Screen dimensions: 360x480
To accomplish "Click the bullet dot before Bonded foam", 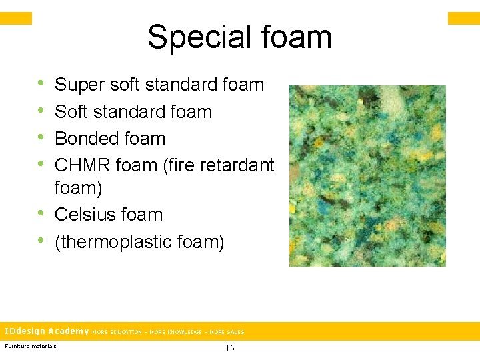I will point(41,138).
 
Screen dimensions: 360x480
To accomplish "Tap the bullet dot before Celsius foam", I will point(41,214).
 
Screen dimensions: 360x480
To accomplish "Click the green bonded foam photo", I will point(367,176).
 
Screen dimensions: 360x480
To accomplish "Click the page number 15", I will point(230,348).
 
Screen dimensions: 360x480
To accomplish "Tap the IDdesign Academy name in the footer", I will point(47,331).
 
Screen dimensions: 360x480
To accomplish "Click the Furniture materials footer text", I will point(31,346).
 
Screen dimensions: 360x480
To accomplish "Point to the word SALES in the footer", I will point(235,332).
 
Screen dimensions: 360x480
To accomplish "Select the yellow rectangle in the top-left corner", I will point(16,18).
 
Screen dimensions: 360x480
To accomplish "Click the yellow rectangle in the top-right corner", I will point(463,18).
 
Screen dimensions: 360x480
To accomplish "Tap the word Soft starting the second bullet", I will point(69,112).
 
